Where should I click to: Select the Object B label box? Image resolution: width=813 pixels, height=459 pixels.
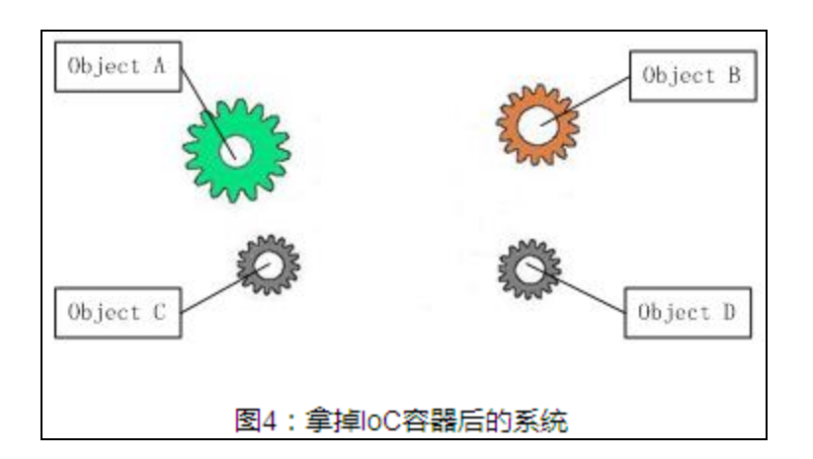point(692,76)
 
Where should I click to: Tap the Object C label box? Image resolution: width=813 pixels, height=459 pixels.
point(118,313)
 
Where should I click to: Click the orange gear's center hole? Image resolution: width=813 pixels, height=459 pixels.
point(537,124)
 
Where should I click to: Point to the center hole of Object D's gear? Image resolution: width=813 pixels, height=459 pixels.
point(529,266)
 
